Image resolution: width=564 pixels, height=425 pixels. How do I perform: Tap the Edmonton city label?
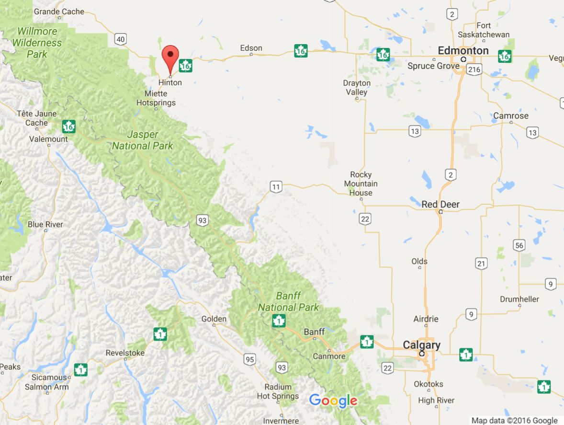[463, 51]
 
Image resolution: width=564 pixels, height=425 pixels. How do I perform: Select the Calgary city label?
[421, 345]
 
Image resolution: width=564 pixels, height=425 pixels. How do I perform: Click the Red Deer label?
[440, 205]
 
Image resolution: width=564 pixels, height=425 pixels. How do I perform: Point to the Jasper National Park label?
[143, 140]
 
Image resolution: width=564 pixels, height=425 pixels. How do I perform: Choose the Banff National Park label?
[288, 301]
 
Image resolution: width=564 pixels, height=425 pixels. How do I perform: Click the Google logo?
[333, 401]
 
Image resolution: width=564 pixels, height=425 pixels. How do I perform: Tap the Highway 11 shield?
[275, 187]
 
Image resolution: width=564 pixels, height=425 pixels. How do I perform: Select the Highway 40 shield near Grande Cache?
[121, 39]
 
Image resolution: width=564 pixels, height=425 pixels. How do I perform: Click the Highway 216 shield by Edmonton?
[474, 69]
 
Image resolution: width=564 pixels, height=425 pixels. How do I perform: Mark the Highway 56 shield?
[519, 245]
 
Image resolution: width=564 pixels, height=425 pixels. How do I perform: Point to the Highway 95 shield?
[249, 359]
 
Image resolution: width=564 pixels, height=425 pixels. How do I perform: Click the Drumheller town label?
[519, 299]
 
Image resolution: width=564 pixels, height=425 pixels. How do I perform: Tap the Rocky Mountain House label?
[361, 184]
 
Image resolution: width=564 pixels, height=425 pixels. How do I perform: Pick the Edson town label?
[251, 48]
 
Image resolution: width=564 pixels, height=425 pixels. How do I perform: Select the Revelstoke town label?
[125, 353]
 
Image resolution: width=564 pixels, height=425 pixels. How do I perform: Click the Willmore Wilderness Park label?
[37, 43]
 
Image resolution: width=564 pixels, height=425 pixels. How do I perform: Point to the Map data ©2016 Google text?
[514, 421]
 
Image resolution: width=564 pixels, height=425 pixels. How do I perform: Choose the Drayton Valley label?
[357, 87]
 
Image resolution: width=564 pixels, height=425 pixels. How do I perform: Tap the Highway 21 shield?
[481, 263]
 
